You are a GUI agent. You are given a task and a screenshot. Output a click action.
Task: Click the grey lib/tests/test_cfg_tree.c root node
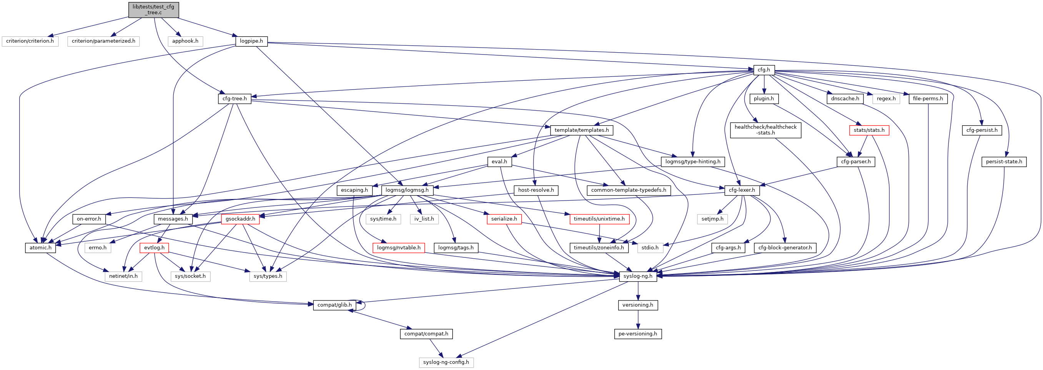click(x=153, y=10)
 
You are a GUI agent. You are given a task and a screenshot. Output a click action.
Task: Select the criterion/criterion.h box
click(x=30, y=41)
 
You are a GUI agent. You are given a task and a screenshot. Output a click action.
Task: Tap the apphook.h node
click(x=185, y=41)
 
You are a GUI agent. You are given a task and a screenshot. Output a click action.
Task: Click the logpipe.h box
click(x=251, y=41)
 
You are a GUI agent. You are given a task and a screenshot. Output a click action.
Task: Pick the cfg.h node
click(x=764, y=70)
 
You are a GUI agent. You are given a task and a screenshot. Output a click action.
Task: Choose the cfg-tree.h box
click(x=235, y=99)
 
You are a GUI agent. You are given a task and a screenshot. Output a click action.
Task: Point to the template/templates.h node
click(x=581, y=130)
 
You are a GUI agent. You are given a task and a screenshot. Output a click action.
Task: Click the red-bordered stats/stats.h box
click(x=869, y=130)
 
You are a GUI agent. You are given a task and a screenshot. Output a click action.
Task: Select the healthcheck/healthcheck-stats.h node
click(x=765, y=130)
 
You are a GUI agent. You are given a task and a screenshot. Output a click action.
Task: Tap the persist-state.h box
click(x=1004, y=162)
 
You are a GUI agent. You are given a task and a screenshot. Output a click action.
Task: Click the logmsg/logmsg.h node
click(x=407, y=190)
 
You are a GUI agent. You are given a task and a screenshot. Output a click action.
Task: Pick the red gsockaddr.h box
click(x=241, y=219)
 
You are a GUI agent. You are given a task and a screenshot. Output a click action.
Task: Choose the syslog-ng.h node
click(x=638, y=276)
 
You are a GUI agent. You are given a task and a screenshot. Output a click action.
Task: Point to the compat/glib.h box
click(x=334, y=305)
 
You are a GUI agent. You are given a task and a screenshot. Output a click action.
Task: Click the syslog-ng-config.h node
click(x=446, y=362)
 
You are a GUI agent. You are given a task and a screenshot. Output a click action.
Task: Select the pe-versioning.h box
click(x=638, y=334)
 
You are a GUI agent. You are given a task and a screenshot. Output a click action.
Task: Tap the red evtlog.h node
click(x=154, y=248)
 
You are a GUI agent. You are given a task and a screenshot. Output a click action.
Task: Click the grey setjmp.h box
click(x=712, y=219)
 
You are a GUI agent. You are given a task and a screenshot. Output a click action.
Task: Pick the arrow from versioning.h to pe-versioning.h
click(x=638, y=320)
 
